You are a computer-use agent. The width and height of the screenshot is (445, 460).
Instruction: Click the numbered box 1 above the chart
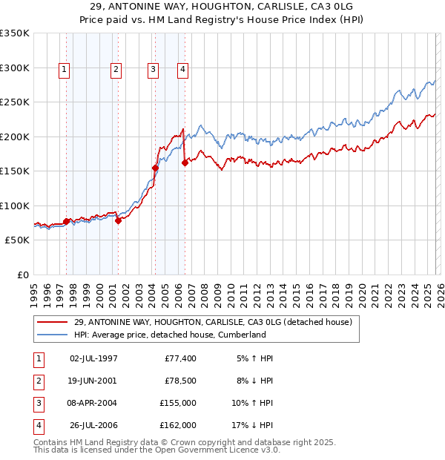(x=65, y=70)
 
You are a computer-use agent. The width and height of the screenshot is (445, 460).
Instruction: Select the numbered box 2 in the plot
(x=116, y=70)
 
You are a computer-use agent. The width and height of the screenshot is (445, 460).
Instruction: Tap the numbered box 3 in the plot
(x=153, y=70)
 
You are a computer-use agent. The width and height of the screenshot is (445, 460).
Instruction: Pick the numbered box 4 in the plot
(x=182, y=70)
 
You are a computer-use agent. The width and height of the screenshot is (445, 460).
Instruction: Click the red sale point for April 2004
(x=155, y=168)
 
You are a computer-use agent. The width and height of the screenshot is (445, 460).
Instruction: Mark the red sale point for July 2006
(x=185, y=163)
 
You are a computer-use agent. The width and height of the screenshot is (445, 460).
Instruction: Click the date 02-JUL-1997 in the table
(x=93, y=358)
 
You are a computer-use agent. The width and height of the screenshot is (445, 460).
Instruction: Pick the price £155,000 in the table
(x=178, y=402)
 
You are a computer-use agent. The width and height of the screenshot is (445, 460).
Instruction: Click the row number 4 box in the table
(x=37, y=425)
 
